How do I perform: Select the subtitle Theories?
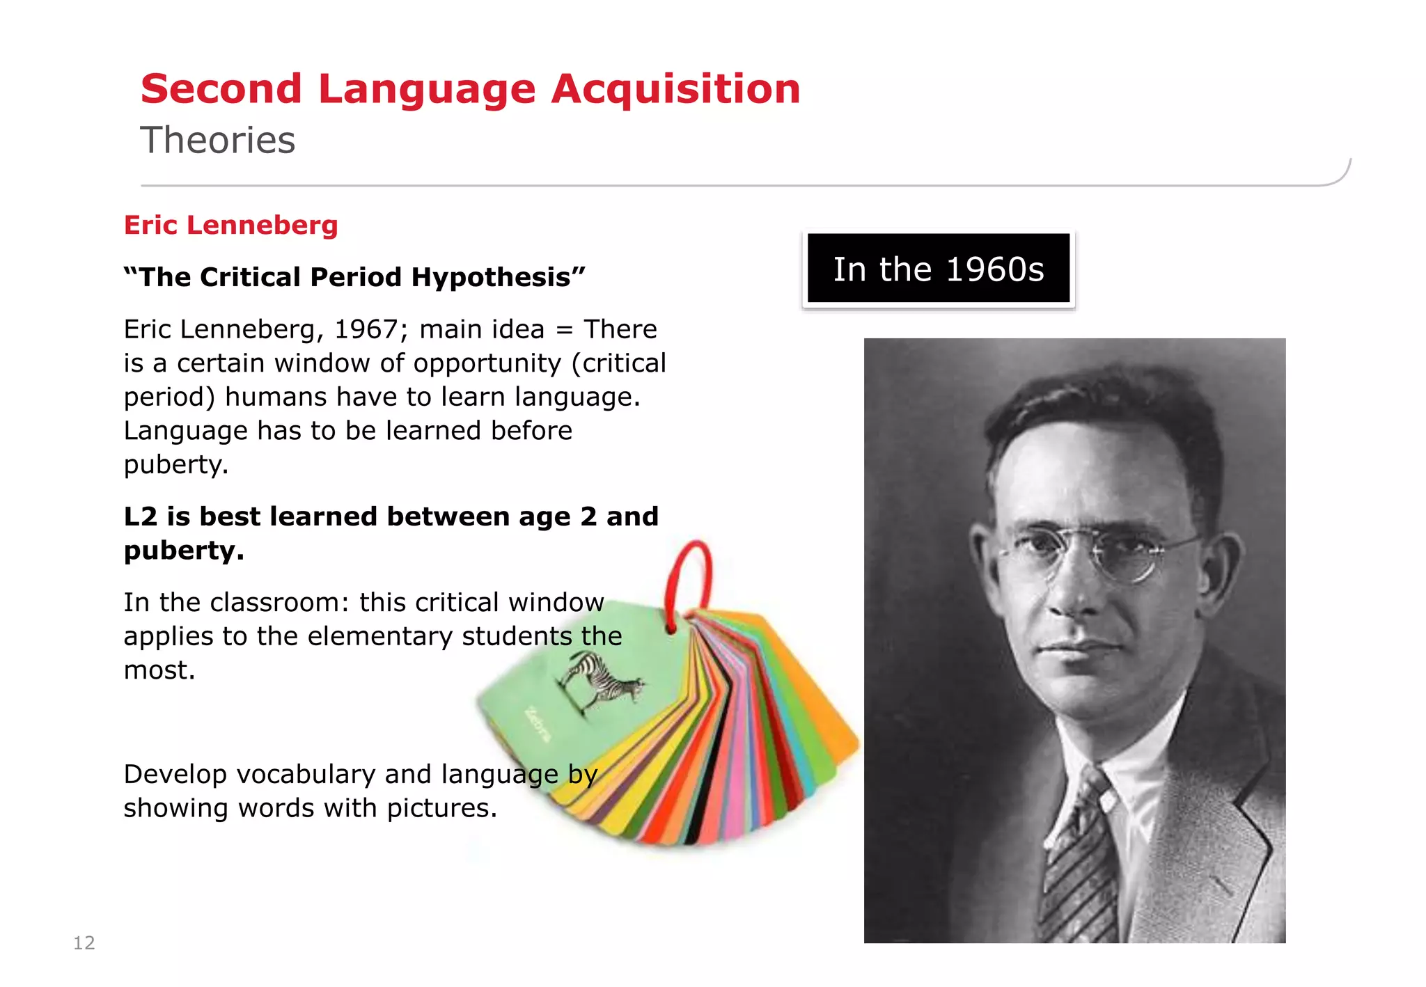click(218, 140)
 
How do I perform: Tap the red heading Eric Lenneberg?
click(230, 225)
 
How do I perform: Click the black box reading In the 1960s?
click(938, 269)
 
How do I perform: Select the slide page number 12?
click(84, 942)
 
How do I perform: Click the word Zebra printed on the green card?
click(538, 724)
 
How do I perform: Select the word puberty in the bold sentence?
click(183, 551)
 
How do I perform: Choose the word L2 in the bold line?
click(141, 516)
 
